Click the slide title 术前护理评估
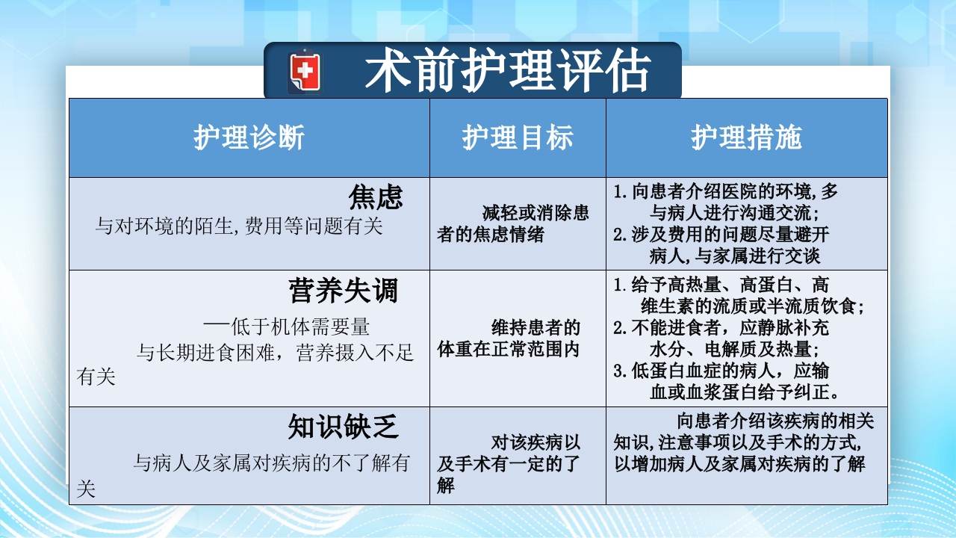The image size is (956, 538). click(x=507, y=72)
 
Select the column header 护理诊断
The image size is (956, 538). click(x=249, y=138)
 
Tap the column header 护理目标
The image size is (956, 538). click(x=518, y=138)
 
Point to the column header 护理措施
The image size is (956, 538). click(x=746, y=138)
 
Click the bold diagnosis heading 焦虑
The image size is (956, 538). click(x=376, y=197)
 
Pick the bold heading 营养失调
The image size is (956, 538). click(x=344, y=290)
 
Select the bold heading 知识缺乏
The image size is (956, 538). click(x=344, y=427)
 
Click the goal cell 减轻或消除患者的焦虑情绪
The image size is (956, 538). click(x=513, y=224)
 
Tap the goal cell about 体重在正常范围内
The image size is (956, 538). click(x=509, y=338)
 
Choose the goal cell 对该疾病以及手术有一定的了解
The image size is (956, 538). click(x=509, y=464)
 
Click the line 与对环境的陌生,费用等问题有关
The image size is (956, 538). click(x=239, y=226)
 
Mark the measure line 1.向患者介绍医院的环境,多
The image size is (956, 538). click(x=726, y=191)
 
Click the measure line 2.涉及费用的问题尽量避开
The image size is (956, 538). click(x=721, y=234)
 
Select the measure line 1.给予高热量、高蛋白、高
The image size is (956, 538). click(x=721, y=285)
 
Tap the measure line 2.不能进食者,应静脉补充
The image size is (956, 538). click(x=721, y=327)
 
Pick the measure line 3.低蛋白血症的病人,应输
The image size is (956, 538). click(x=721, y=371)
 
